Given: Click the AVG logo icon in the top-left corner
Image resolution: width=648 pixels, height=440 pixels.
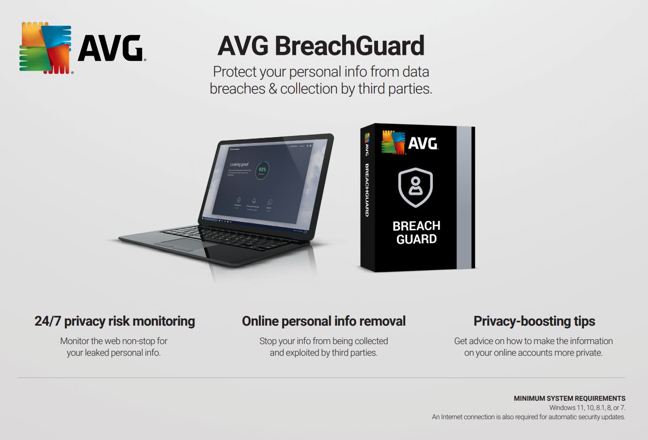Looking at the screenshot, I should pyautogui.click(x=46, y=48).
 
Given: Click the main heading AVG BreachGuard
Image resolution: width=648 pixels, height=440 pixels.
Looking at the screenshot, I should pyautogui.click(x=321, y=46).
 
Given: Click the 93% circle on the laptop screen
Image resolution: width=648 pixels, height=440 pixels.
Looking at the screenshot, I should pyautogui.click(x=262, y=170).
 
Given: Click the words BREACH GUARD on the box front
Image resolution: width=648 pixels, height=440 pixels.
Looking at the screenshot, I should pyautogui.click(x=416, y=233).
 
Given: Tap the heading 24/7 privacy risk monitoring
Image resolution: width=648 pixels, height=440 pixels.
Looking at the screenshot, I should pyautogui.click(x=114, y=321).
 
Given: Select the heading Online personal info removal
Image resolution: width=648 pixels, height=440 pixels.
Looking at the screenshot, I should pyautogui.click(x=324, y=321).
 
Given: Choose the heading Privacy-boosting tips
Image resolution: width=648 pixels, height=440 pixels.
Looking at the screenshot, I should pyautogui.click(x=534, y=321).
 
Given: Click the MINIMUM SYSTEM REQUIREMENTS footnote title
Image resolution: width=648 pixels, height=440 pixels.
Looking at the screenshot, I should pyautogui.click(x=569, y=398).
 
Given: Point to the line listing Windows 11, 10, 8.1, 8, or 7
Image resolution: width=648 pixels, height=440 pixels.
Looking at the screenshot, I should pyautogui.click(x=587, y=408).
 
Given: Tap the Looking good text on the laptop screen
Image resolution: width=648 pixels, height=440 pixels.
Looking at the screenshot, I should pyautogui.click(x=239, y=165).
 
